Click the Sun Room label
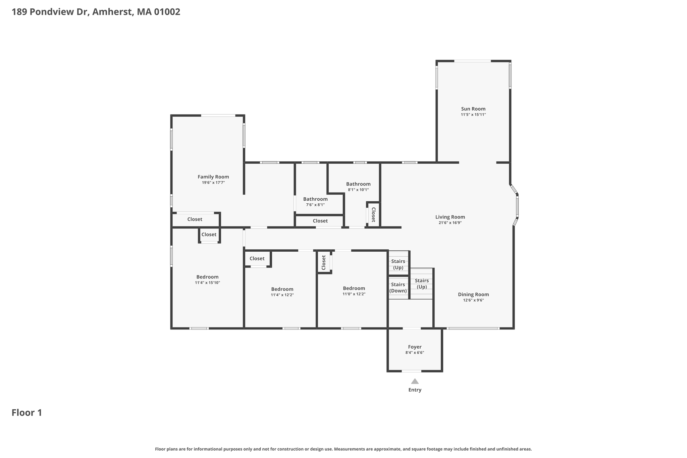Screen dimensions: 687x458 473,109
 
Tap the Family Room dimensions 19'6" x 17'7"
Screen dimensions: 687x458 213,183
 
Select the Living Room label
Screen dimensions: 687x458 450,217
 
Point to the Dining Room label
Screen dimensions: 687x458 473,295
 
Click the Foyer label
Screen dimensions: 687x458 415,347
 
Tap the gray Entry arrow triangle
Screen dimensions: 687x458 415,381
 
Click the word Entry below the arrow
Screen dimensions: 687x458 415,390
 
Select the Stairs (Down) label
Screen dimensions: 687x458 398,288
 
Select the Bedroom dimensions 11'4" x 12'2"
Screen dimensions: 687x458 282,295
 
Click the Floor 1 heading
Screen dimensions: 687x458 27,413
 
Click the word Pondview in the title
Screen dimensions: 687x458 52,12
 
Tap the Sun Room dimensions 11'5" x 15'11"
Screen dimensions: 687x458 473,115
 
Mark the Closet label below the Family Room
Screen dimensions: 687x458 195,219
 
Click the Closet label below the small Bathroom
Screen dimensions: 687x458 320,221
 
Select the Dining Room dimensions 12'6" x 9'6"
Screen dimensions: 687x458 473,300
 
